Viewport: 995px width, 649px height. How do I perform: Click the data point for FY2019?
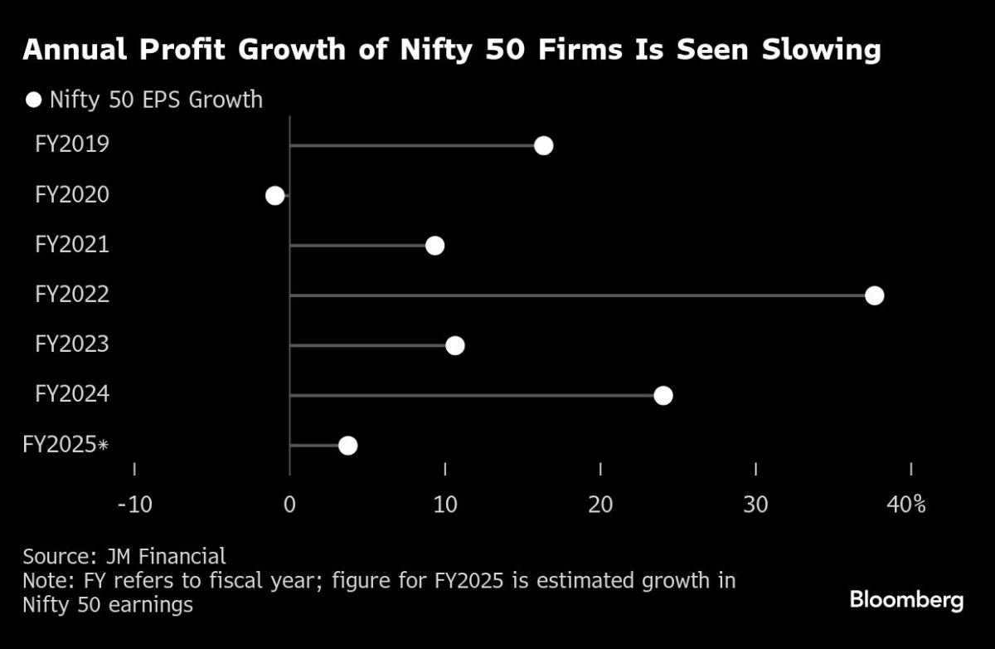click(x=543, y=146)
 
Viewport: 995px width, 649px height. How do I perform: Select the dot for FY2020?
click(x=274, y=196)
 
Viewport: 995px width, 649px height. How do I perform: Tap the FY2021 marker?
click(x=434, y=246)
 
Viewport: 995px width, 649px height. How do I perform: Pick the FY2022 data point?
click(x=874, y=295)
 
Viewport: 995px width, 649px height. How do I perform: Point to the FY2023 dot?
click(x=454, y=345)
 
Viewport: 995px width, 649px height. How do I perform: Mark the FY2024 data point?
click(x=663, y=395)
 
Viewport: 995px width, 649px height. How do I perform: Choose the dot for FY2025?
click(x=347, y=446)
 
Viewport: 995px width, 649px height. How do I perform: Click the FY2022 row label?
click(x=72, y=295)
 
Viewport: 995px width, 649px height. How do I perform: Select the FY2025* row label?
click(x=66, y=445)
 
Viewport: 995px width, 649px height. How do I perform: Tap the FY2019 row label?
click(x=72, y=145)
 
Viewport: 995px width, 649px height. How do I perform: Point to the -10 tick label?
click(x=134, y=504)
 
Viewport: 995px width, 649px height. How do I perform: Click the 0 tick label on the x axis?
click(x=289, y=504)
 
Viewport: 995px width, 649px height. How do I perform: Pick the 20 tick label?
click(x=600, y=504)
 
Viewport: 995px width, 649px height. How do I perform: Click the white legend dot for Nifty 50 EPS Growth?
click(x=33, y=100)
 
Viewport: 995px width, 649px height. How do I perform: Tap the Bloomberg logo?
click(x=906, y=600)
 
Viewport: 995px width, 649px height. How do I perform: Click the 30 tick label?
click(x=755, y=504)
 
